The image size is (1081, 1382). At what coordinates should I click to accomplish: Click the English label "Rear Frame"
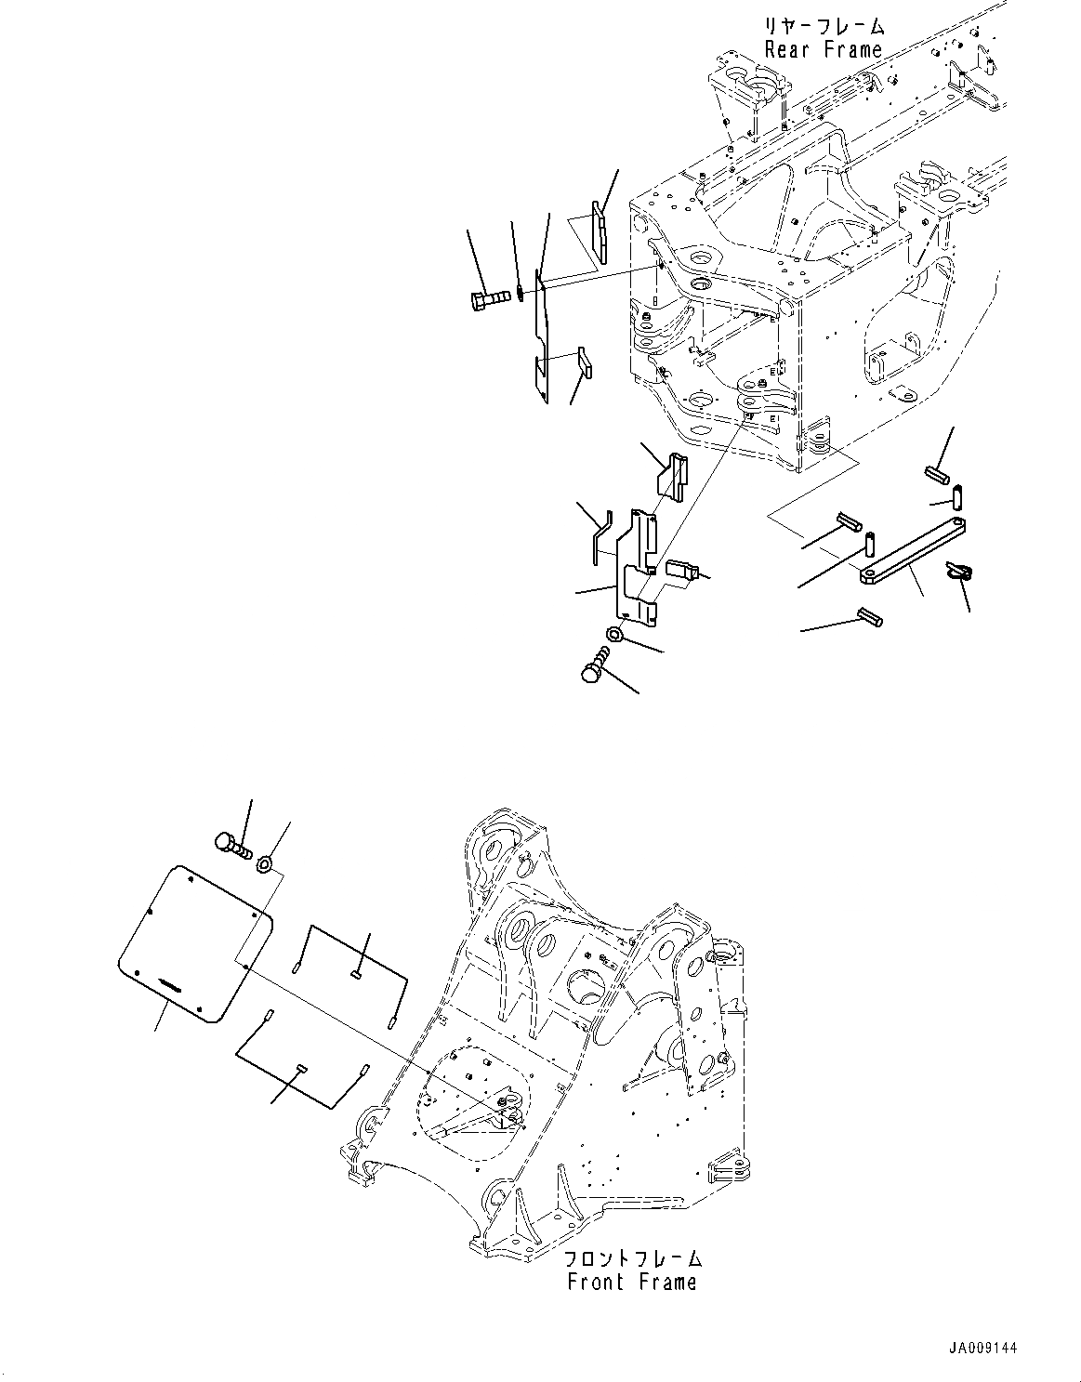click(x=823, y=50)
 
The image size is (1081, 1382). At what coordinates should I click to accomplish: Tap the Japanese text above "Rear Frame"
click(x=824, y=27)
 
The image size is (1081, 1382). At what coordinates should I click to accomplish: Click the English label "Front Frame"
click(x=631, y=1283)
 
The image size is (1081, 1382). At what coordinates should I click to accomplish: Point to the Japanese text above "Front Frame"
click(x=633, y=1259)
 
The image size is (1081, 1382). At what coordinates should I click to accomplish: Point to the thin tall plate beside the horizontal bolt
click(x=542, y=335)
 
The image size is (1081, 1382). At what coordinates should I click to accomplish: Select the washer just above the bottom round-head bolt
click(x=613, y=635)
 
